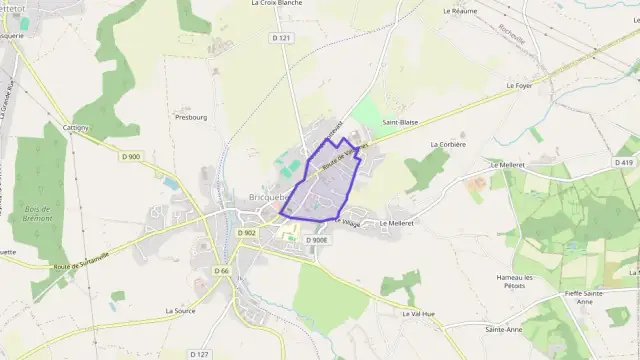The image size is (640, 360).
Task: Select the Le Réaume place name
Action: pos(459,10)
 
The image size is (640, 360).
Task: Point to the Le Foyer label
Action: pos(520,86)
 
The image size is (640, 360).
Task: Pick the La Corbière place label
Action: pos(447,144)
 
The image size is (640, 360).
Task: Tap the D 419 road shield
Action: pos(626,162)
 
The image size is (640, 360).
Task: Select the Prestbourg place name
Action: pos(190,116)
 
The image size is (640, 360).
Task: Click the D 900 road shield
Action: pos(131,156)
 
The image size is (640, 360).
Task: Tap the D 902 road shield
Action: pos(248,233)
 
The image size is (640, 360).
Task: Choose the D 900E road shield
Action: pos(316,240)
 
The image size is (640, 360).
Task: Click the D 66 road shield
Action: pos(222,271)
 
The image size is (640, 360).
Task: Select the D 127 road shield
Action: pos(199,353)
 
